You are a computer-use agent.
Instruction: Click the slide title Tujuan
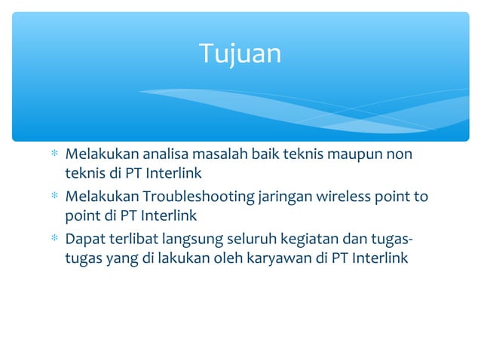click(x=240, y=53)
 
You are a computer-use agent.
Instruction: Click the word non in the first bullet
click(x=400, y=155)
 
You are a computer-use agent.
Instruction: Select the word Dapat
click(x=83, y=240)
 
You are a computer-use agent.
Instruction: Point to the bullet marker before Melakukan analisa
click(x=53, y=156)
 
